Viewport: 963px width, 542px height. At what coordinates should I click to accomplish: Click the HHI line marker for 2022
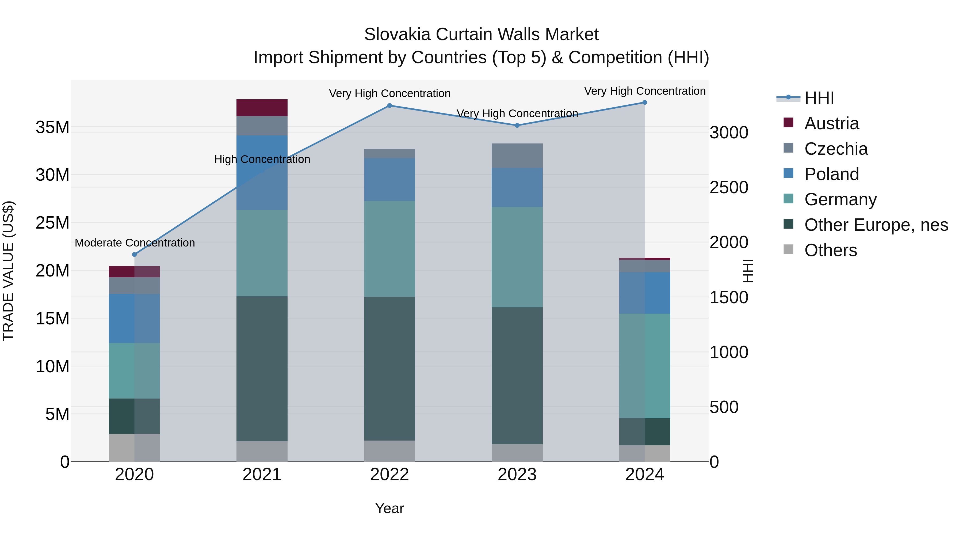pyautogui.click(x=389, y=105)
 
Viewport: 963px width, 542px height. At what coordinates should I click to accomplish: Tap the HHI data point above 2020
pyautogui.click(x=135, y=254)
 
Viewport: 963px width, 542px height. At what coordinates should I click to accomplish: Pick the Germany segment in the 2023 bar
pyautogui.click(x=517, y=257)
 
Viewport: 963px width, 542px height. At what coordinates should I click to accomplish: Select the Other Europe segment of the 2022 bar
pyautogui.click(x=389, y=369)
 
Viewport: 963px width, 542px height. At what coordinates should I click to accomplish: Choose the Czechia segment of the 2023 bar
pyautogui.click(x=517, y=156)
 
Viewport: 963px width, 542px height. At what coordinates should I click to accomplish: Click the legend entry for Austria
pyautogui.click(x=831, y=123)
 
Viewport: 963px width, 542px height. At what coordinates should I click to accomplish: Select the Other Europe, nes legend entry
pyautogui.click(x=876, y=225)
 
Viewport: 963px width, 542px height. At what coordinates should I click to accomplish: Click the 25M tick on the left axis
pyautogui.click(x=52, y=223)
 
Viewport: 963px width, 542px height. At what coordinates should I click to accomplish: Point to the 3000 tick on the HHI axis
pyautogui.click(x=729, y=132)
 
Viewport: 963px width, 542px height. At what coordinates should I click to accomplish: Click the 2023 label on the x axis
pyautogui.click(x=517, y=475)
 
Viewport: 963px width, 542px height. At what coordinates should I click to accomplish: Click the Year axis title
pyautogui.click(x=389, y=508)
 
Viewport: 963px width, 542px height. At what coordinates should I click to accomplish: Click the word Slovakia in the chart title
pyautogui.click(x=397, y=35)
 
